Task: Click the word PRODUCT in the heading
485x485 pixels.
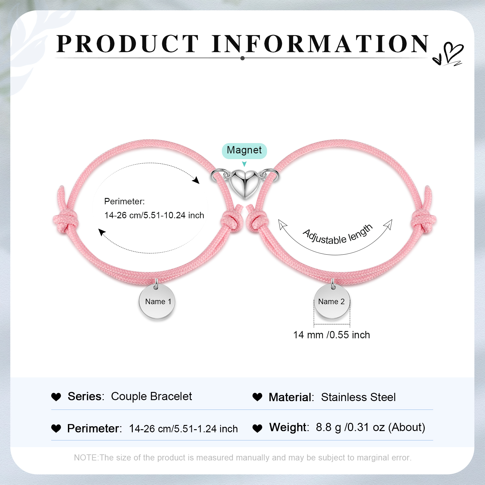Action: (128, 44)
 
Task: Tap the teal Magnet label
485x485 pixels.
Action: (244, 151)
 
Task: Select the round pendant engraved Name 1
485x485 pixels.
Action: (157, 301)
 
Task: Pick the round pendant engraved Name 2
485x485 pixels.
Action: (332, 301)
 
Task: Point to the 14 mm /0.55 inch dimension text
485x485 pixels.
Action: (332, 335)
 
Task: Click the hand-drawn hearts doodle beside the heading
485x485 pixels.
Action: (448, 54)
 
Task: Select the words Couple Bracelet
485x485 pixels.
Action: (152, 396)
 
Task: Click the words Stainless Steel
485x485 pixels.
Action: (358, 397)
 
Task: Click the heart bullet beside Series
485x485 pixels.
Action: (56, 397)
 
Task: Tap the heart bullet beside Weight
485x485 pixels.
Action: (257, 428)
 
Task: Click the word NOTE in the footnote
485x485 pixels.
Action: (86, 457)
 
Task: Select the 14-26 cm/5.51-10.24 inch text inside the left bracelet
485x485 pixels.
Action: (154, 215)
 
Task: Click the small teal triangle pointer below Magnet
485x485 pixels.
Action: (244, 164)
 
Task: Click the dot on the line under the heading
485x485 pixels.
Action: (242, 58)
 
